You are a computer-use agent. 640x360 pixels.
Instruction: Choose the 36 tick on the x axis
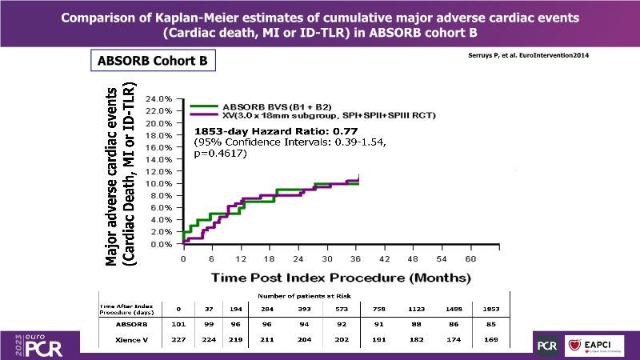click(356, 259)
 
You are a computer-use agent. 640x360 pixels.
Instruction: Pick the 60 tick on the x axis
click(470, 259)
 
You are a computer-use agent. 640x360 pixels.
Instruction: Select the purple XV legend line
click(206, 115)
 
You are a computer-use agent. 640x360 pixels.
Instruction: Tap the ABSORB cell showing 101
click(179, 326)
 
